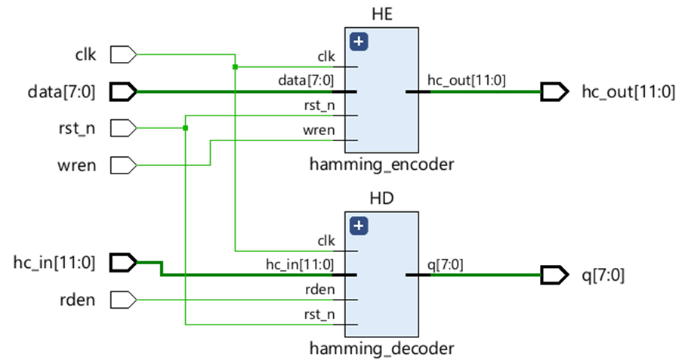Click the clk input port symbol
click(123, 55)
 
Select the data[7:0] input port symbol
click(123, 92)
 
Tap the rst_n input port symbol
click(123, 128)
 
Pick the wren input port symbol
click(123, 164)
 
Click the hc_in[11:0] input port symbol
click(123, 263)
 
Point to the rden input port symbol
click(123, 300)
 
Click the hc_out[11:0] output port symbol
click(554, 92)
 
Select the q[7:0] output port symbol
click(554, 275)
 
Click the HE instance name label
click(382, 14)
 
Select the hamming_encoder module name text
click(381, 163)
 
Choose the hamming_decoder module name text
click(381, 349)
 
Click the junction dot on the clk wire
click(236, 66)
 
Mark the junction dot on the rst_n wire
click(185, 128)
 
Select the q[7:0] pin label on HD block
click(446, 264)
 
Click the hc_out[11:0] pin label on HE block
click(467, 81)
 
